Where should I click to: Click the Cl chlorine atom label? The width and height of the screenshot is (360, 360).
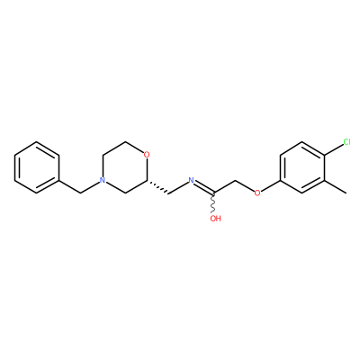(x=346, y=142)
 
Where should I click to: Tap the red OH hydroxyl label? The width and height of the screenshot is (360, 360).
(x=215, y=219)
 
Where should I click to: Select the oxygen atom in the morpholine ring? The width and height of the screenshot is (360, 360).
(x=147, y=155)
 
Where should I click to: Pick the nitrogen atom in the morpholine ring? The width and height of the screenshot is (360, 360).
(x=103, y=180)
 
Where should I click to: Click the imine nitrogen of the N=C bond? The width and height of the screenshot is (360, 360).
(x=191, y=180)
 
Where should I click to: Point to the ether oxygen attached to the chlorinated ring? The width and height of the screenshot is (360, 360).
(x=257, y=193)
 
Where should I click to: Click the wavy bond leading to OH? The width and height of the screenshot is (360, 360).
(x=214, y=203)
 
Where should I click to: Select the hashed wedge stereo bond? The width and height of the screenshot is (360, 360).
(x=157, y=187)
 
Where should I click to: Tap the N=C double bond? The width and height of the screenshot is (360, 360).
(x=204, y=187)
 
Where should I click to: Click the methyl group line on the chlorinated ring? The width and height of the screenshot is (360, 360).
(x=336, y=186)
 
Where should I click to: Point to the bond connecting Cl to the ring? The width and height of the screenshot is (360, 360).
(x=334, y=149)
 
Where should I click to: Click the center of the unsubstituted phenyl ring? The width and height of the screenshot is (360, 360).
(x=37, y=167)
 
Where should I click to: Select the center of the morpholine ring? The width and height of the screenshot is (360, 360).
(x=124, y=167)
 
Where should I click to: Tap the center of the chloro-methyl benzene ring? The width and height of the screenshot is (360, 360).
(x=302, y=167)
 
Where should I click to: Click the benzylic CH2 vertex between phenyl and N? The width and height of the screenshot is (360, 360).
(x=81, y=193)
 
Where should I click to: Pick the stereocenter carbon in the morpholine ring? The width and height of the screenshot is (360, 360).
(x=147, y=180)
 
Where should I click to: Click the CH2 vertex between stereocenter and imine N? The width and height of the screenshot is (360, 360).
(x=169, y=193)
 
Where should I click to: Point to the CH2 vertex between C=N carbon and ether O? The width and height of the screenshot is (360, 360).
(x=236, y=181)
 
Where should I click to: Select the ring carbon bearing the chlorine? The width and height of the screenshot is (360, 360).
(x=325, y=155)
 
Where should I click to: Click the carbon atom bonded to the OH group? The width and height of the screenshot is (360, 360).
(x=214, y=193)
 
